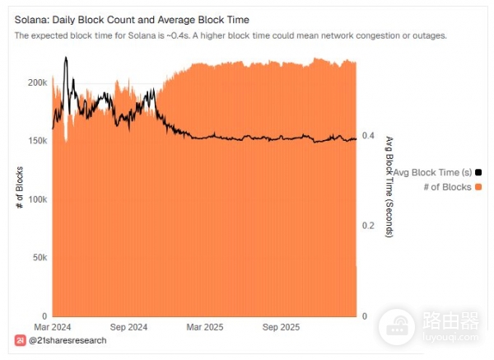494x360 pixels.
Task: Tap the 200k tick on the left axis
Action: pos(36,83)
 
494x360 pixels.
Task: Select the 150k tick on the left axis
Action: pos(36,142)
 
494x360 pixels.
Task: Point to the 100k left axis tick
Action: pos(36,200)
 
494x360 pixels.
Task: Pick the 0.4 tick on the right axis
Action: pos(370,136)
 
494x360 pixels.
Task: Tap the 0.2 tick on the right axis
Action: pos(370,226)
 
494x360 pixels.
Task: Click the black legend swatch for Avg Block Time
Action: pos(479,172)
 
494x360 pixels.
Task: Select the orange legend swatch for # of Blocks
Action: pos(479,187)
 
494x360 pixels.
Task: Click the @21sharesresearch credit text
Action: pos(67,340)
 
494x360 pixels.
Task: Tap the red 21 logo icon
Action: pos(20,340)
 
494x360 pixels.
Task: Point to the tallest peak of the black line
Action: pos(66,58)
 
